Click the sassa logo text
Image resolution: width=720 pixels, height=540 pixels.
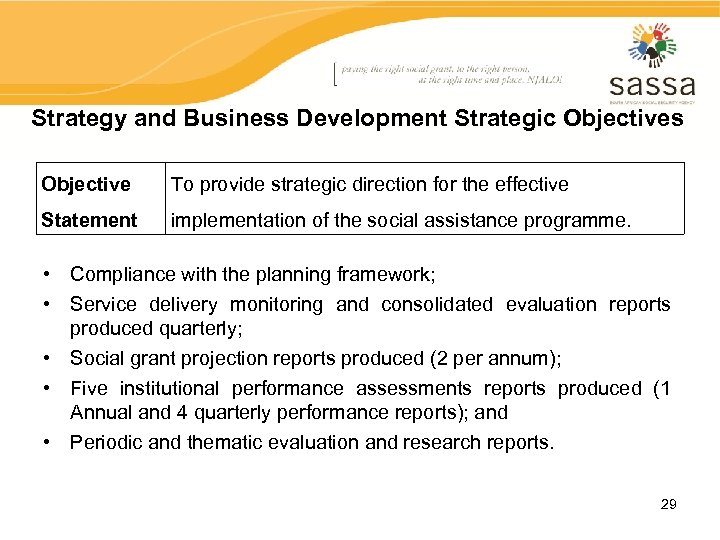coord(651,84)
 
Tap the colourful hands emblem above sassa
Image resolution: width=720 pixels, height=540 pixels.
coord(652,45)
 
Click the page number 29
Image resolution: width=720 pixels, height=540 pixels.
coord(668,504)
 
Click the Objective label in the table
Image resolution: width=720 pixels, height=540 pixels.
coord(86,184)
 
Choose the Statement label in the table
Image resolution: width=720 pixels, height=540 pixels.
coord(89,220)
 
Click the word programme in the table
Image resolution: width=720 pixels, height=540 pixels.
coord(579,220)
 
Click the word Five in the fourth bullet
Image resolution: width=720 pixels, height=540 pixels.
coord(89,388)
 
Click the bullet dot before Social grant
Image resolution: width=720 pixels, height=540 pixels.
coord(48,358)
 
